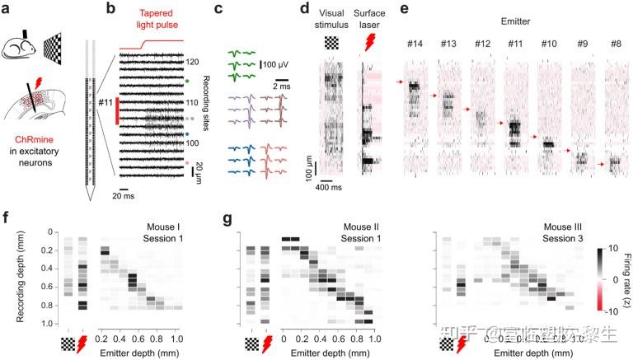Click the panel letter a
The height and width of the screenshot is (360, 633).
coord(7,8)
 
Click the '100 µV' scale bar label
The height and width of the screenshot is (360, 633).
coord(277,63)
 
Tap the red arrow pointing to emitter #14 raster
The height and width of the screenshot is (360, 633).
coord(401,82)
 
